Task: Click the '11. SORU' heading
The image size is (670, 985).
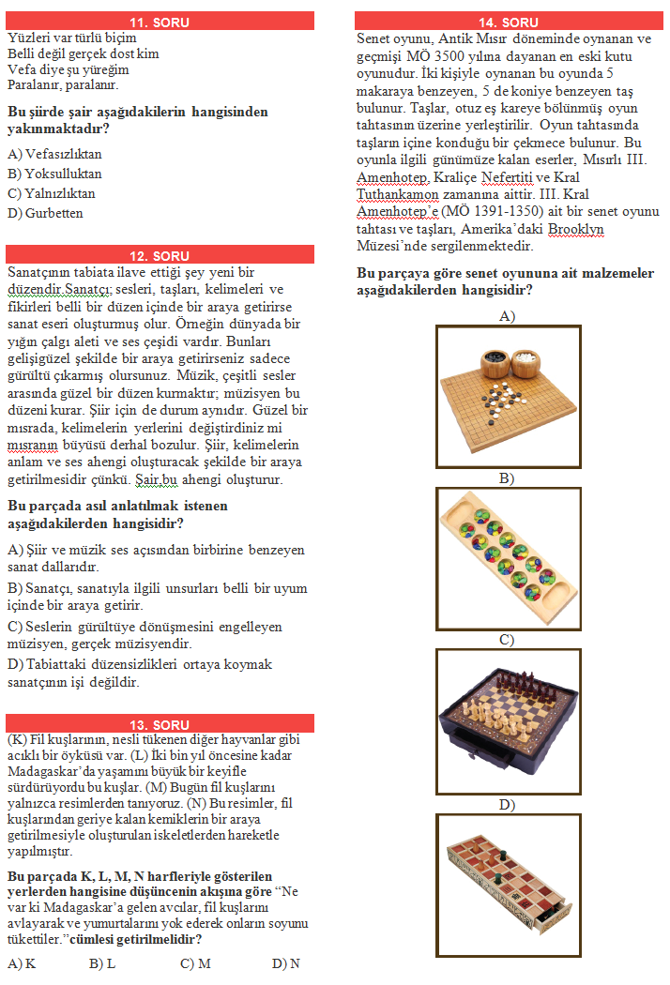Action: [x=160, y=22]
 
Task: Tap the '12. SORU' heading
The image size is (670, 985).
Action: [x=160, y=255]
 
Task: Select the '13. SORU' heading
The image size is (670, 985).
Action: [x=160, y=724]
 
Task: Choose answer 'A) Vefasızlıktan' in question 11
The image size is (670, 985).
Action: [x=54, y=154]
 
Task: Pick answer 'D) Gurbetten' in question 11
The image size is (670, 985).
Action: [x=45, y=213]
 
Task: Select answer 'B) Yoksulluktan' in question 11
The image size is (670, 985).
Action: [x=54, y=174]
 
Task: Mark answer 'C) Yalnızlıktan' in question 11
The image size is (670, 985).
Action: [x=52, y=193]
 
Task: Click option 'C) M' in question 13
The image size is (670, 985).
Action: [x=195, y=963]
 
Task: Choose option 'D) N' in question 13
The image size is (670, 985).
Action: [x=286, y=963]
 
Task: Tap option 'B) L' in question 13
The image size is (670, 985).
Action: [x=102, y=963]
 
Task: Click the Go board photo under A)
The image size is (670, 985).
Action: [x=508, y=395]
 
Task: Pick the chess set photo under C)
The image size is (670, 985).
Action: [x=508, y=720]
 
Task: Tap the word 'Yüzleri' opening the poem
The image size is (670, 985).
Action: [x=27, y=38]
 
